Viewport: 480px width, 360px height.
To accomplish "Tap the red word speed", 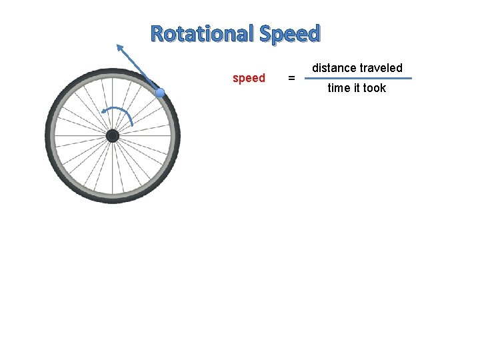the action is pos(249,78).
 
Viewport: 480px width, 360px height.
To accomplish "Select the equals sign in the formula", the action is pos(291,79).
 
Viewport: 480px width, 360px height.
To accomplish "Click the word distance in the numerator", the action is pos(334,68).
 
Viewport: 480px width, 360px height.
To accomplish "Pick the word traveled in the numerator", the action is pos(381,68).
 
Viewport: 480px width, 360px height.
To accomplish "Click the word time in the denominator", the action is pos(339,88).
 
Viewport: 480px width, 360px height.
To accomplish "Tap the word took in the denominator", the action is pos(375,88).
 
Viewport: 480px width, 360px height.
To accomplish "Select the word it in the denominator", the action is pos(357,88).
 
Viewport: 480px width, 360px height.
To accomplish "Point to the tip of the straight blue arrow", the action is pos(118,45).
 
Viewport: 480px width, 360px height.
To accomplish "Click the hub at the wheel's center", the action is pos(113,136).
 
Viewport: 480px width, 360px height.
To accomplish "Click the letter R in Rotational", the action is pos(157,33).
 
